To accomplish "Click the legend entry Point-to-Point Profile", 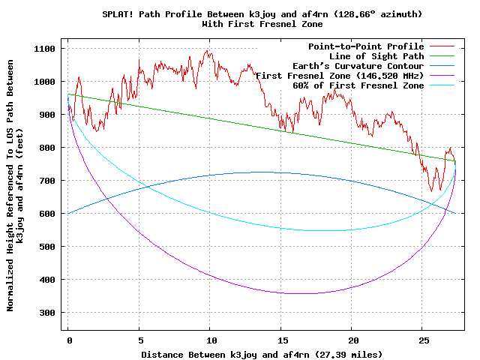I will pyautogui.click(x=366, y=46).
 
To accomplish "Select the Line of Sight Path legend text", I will pyautogui.click(x=376, y=56).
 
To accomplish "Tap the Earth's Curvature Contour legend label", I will pyautogui.click(x=361, y=66).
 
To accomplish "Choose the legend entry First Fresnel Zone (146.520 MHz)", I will pyautogui.click(x=340, y=76).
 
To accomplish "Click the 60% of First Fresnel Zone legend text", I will pyautogui.click(x=358, y=85).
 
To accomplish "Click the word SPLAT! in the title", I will pyautogui.click(x=118, y=14).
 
